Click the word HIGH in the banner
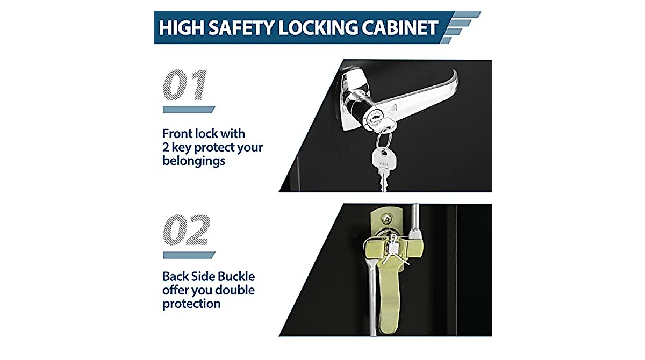182,27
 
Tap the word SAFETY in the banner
241,27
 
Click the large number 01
185,84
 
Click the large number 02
187,229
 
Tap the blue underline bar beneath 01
189,110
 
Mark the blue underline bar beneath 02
189,255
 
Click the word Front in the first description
177,134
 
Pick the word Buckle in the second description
236,276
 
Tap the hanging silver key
384,169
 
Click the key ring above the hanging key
384,140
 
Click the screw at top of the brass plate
386,219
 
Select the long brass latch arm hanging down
389,297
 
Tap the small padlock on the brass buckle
393,246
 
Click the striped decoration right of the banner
460,27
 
